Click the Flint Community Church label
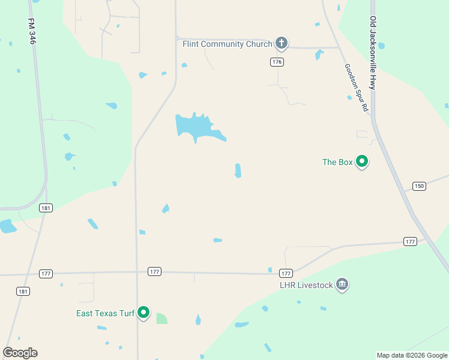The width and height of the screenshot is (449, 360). point(227,44)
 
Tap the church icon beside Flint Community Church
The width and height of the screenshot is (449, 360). point(281,43)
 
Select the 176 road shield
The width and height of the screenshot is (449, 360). point(277,62)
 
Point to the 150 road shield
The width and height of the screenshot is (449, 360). point(419,186)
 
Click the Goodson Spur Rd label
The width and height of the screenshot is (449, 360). point(356,88)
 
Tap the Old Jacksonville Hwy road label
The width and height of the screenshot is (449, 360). point(373,53)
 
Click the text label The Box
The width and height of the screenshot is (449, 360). point(337,162)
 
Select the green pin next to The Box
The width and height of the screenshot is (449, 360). point(362,161)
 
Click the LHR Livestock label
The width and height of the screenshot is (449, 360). point(306,285)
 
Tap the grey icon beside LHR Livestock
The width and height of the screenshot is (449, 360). point(342,284)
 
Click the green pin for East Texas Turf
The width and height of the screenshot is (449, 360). point(143,313)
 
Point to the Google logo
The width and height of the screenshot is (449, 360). point(20,352)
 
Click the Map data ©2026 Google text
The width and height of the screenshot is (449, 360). point(412,355)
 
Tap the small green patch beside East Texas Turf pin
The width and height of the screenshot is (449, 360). point(161,319)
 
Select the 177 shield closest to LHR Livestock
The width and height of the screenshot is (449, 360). point(286,272)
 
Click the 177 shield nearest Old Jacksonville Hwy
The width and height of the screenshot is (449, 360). point(410,241)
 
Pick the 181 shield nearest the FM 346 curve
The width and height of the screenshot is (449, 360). point(46,208)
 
